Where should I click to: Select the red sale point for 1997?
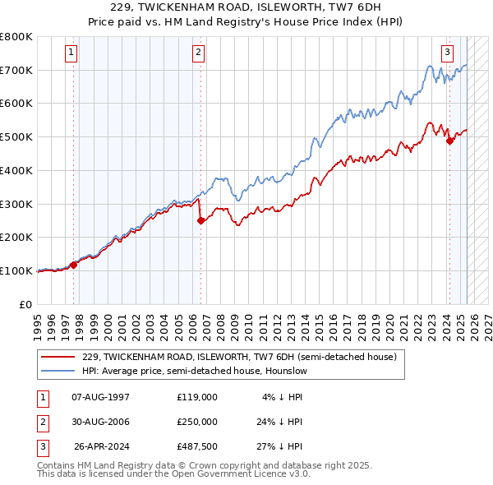click(74, 265)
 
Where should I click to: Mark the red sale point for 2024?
click(449, 141)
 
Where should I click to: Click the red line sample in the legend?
click(59, 358)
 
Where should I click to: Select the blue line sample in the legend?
click(59, 372)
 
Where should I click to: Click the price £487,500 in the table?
click(197, 447)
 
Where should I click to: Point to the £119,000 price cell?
click(197, 397)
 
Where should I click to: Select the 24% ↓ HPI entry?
click(279, 422)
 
